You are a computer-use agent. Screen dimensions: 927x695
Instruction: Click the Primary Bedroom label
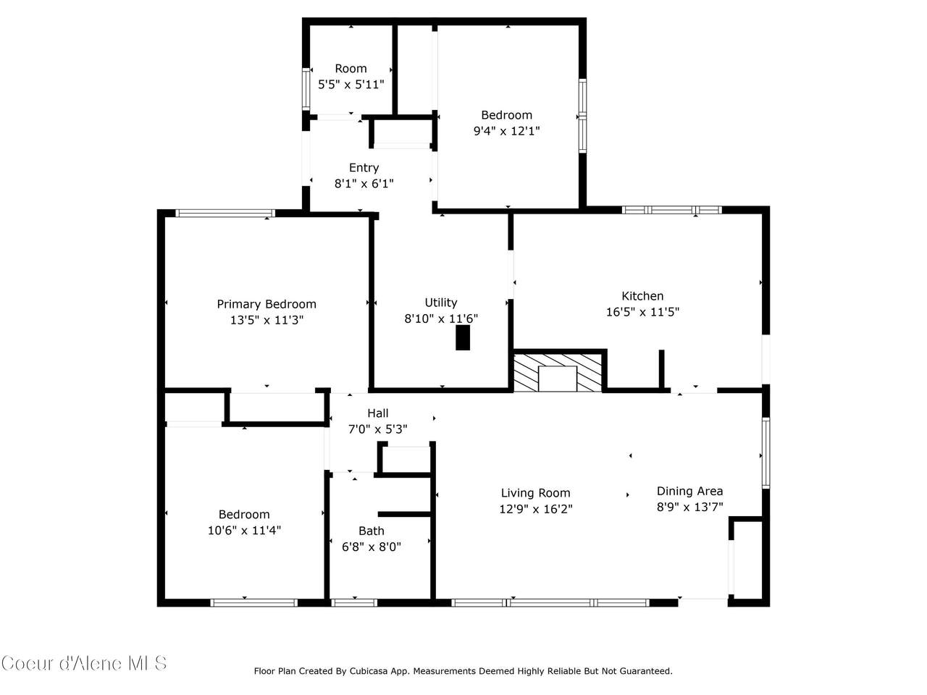point(266,304)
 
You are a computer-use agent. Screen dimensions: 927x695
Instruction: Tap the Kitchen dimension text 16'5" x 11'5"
point(642,312)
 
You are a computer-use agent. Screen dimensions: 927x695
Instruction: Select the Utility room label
point(441,303)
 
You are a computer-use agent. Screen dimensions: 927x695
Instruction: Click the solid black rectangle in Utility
point(463,337)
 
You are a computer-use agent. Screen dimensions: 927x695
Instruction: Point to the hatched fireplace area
point(558,372)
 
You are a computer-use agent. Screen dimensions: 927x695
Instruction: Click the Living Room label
point(535,493)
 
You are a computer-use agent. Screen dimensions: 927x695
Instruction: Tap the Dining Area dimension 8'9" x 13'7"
point(689,507)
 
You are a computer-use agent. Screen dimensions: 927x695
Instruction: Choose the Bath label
point(372,531)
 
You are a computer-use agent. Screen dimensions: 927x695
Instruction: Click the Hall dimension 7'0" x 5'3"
point(377,429)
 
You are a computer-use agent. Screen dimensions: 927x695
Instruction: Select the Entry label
point(364,168)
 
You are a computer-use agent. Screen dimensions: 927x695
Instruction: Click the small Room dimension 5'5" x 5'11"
point(351,85)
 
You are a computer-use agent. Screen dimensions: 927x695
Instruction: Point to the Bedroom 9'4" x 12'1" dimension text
point(506,131)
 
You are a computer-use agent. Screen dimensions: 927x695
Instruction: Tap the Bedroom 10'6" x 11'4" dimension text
point(244,530)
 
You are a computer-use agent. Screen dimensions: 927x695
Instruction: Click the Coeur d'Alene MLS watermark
point(84,664)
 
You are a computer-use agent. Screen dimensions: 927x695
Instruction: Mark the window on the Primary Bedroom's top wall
point(225,213)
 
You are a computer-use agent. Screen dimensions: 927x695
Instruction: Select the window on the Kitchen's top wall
point(671,210)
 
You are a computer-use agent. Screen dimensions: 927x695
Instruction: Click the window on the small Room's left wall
point(306,90)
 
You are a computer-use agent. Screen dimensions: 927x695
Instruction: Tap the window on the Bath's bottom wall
point(354,602)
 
